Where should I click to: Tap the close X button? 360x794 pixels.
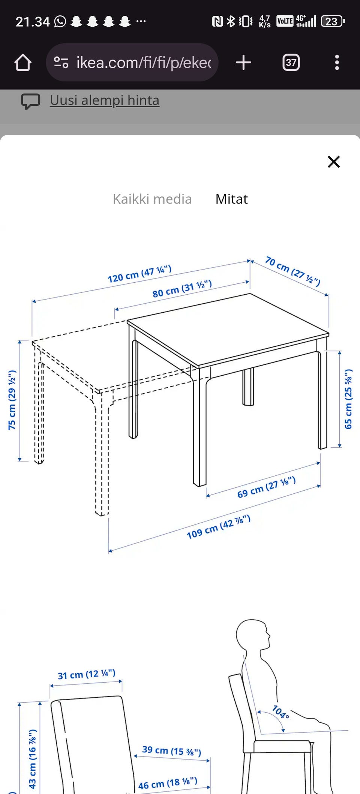pyautogui.click(x=334, y=162)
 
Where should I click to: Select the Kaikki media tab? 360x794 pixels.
pyautogui.click(x=152, y=199)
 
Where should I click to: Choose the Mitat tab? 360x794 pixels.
pyautogui.click(x=231, y=199)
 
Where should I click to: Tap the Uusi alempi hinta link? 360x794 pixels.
pyautogui.click(x=105, y=100)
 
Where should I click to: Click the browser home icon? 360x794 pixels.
pyautogui.click(x=23, y=63)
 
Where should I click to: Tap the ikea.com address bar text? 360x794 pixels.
pyautogui.click(x=144, y=63)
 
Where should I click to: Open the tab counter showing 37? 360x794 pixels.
pyautogui.click(x=291, y=63)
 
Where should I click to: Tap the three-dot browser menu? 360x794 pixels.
pyautogui.click(x=337, y=63)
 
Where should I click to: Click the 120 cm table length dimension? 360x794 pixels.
pyautogui.click(x=139, y=274)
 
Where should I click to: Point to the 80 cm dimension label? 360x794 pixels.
pyautogui.click(x=182, y=288)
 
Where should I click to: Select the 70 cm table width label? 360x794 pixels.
pyautogui.click(x=293, y=271)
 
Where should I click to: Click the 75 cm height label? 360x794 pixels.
pyautogui.click(x=12, y=400)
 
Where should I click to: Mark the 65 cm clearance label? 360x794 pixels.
pyautogui.click(x=348, y=399)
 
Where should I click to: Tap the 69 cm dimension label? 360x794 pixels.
pyautogui.click(x=267, y=487)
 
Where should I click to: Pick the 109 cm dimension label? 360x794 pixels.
pyautogui.click(x=219, y=527)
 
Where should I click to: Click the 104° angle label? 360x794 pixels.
pyautogui.click(x=280, y=712)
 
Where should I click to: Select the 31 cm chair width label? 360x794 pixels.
pyautogui.click(x=87, y=674)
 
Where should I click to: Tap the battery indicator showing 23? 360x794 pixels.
pyautogui.click(x=333, y=21)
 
